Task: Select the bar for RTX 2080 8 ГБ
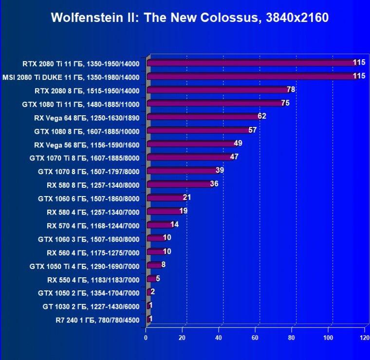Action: pyautogui.click(x=219, y=90)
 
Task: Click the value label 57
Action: pyautogui.click(x=253, y=130)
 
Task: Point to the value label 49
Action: pyautogui.click(x=238, y=143)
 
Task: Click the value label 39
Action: pyautogui.click(x=220, y=170)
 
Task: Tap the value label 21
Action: pyautogui.click(x=186, y=197)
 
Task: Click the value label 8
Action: pyautogui.click(x=163, y=265)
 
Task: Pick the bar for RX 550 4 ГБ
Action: pyautogui.click(x=151, y=279)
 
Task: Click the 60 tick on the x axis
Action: pyautogui.click(x=255, y=338)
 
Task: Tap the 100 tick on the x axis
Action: pyautogui.click(x=328, y=338)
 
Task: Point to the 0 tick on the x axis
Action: pyautogui.click(x=146, y=338)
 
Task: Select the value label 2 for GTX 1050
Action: pyautogui.click(x=153, y=291)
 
